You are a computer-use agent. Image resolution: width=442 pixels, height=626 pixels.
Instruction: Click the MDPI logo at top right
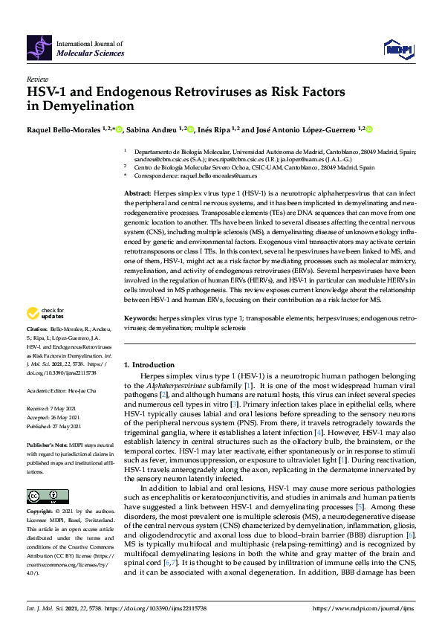pos(397,49)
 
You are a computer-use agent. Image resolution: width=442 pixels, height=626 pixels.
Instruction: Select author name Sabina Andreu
pos(151,129)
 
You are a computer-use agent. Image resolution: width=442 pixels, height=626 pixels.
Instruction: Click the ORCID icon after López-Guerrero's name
pos(370,129)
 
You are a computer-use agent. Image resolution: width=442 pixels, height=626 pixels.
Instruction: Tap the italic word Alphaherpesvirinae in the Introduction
pos(178,387)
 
